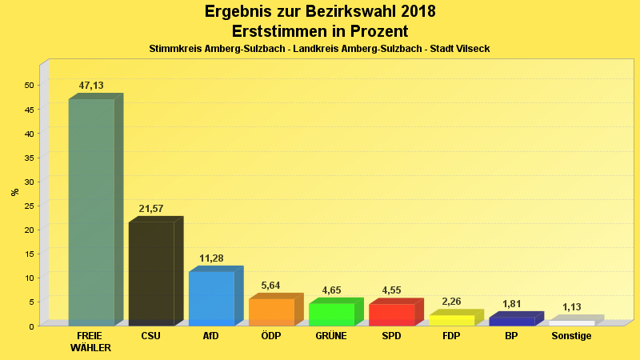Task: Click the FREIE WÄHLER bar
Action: (x=91, y=212)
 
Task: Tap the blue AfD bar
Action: (x=211, y=298)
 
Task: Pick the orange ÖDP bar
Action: (x=271, y=312)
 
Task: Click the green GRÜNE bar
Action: (x=331, y=314)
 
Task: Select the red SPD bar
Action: (x=391, y=314)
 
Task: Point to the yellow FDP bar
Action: (x=451, y=320)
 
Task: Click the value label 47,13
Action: (x=91, y=86)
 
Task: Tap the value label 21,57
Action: (x=151, y=209)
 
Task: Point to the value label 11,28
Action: (x=211, y=258)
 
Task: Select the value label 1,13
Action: (x=571, y=307)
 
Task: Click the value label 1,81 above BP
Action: (x=511, y=304)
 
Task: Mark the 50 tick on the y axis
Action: (x=29, y=86)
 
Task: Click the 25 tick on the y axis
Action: (x=29, y=206)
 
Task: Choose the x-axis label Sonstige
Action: (x=571, y=336)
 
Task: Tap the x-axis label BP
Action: (x=511, y=336)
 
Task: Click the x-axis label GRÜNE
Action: (x=331, y=336)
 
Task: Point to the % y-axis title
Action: (x=14, y=192)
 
